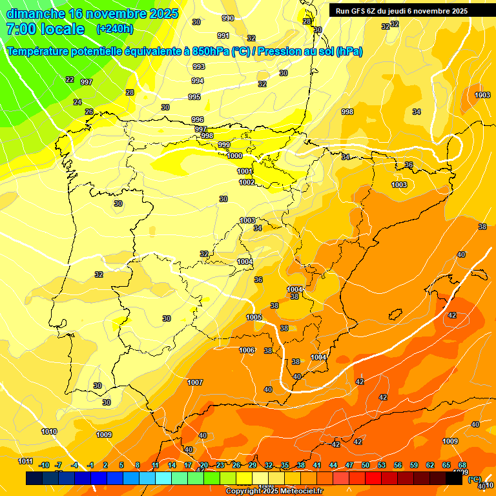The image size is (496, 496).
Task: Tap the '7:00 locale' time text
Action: (45, 29)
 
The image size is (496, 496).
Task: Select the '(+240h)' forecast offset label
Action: (115, 29)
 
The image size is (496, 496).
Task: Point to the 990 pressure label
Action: (228, 18)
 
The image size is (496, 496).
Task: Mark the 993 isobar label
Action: (198, 67)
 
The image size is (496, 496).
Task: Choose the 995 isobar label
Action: (194, 97)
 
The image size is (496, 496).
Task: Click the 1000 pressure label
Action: (234, 156)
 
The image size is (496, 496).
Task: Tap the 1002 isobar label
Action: (247, 182)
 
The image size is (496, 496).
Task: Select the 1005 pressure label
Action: (254, 317)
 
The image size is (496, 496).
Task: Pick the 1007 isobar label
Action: (195, 382)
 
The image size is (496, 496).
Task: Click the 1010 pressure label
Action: (49, 431)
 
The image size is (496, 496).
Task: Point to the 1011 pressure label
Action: (25, 461)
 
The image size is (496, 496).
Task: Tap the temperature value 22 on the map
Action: (70, 79)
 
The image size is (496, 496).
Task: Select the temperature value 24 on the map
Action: (77, 102)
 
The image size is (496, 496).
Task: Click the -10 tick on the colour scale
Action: (44, 465)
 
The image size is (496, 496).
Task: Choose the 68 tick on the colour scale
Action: (462, 465)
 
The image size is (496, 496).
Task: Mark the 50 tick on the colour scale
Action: (366, 465)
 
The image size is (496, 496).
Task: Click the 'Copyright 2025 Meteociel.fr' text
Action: (274, 491)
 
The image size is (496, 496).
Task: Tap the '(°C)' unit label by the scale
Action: (475, 479)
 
